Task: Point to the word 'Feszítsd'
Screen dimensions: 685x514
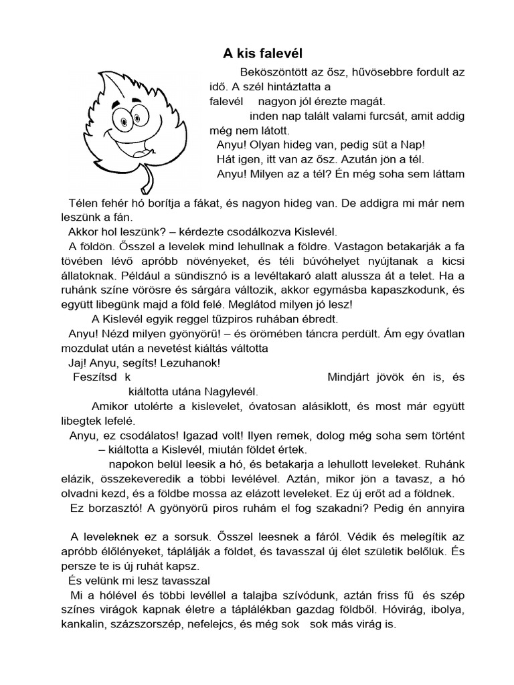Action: point(92,377)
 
